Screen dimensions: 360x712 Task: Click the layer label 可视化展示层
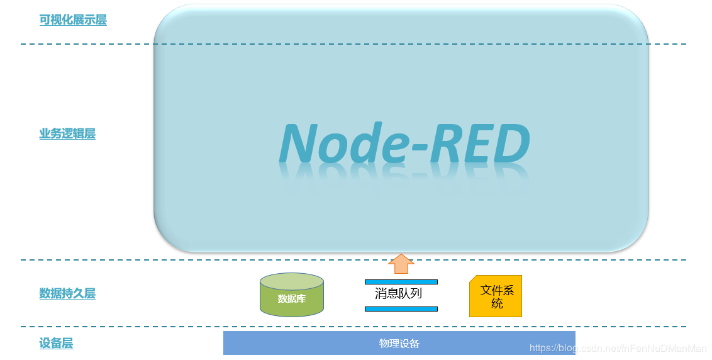(x=73, y=20)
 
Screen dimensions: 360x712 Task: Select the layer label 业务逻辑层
(x=67, y=134)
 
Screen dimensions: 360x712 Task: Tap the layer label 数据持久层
(x=67, y=294)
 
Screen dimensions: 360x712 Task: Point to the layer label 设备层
(x=56, y=344)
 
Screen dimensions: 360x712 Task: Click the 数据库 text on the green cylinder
(x=292, y=299)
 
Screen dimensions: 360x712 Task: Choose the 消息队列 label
(x=398, y=294)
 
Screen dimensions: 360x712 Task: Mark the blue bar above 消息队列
(x=401, y=282)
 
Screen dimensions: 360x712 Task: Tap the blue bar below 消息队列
(x=401, y=309)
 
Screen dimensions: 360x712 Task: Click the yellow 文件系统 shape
(x=496, y=297)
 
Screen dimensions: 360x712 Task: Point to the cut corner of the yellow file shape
(x=473, y=279)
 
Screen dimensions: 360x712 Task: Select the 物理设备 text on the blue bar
(x=399, y=344)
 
